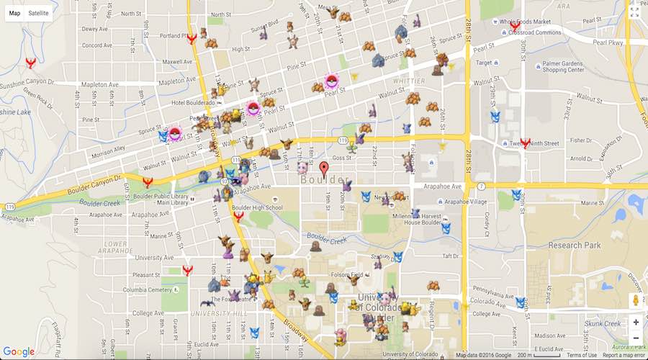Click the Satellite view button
[x=39, y=13]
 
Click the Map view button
[x=14, y=13]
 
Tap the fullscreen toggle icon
[x=634, y=12]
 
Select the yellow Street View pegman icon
[x=635, y=300]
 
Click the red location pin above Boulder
[x=324, y=168]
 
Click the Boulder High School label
[x=258, y=208]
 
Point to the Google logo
[x=19, y=351]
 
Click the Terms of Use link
[x=581, y=355]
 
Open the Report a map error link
[x=624, y=355]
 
